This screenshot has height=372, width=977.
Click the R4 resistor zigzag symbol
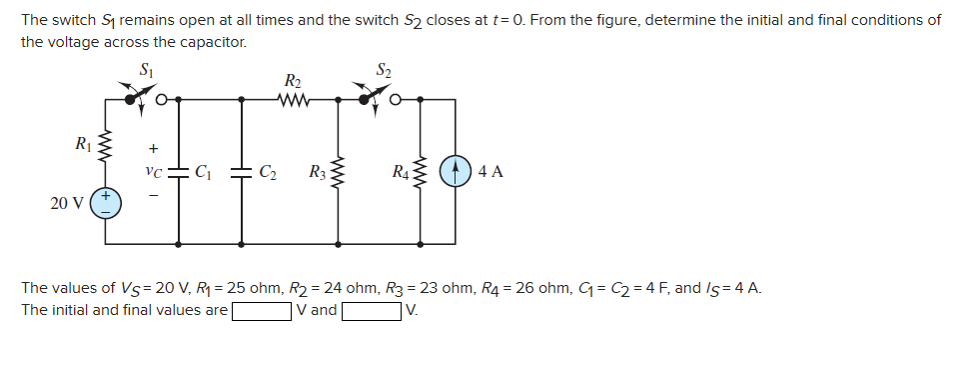click(421, 172)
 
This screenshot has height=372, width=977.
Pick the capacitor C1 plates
click(179, 171)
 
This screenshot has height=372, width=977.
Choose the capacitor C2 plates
click(244, 171)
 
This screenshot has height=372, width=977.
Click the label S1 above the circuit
click(148, 69)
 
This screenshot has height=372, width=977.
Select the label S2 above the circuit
click(384, 69)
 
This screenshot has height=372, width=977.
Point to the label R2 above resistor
click(293, 80)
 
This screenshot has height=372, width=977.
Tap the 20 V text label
click(66, 203)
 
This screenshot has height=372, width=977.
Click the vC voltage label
click(152, 171)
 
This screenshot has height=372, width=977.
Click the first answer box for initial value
click(263, 310)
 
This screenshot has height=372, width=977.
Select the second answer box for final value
click(373, 310)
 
